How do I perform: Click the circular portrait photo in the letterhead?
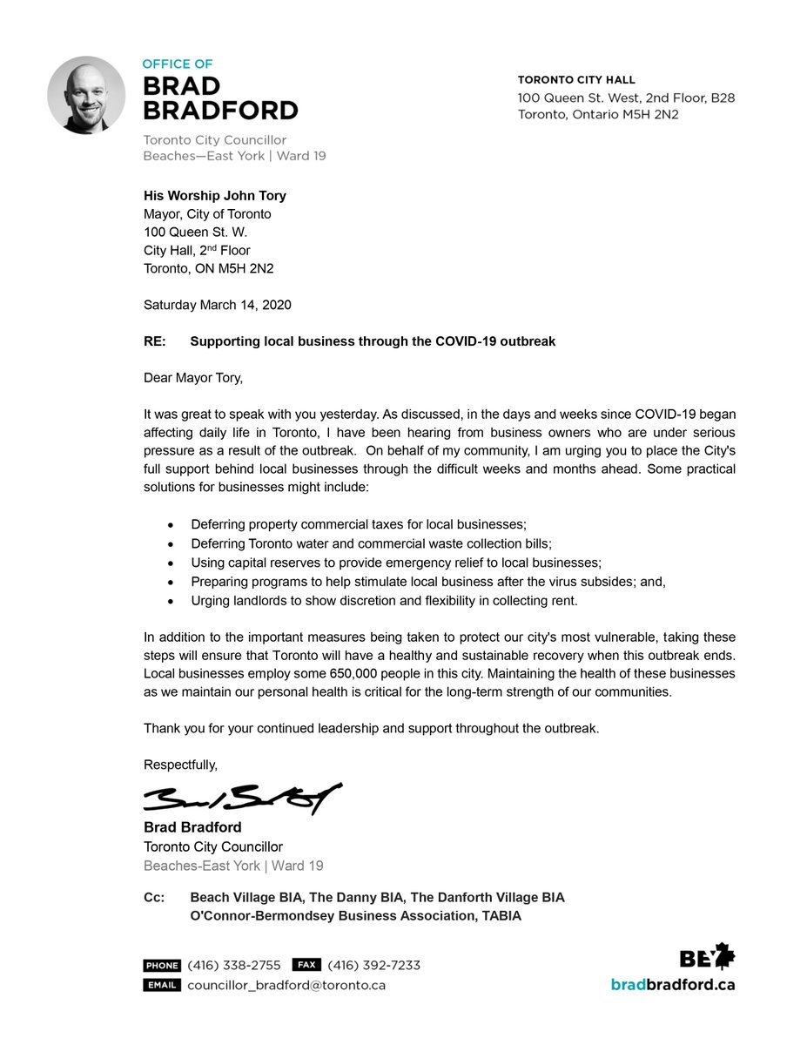(86, 95)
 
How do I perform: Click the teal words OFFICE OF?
(178, 64)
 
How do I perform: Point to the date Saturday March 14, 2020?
(217, 305)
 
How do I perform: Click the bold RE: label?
(155, 341)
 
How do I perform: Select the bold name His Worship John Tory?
(215, 196)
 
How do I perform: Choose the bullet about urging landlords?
(384, 601)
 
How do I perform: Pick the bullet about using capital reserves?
(396, 563)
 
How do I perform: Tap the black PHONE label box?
(162, 965)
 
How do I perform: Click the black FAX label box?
(306, 965)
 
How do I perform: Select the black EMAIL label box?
(162, 985)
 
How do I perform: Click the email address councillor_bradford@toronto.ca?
(286, 985)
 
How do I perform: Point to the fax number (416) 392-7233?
(373, 965)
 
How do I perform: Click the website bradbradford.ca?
(672, 984)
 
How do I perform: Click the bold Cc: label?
(154, 897)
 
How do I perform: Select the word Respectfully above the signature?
(180, 765)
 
